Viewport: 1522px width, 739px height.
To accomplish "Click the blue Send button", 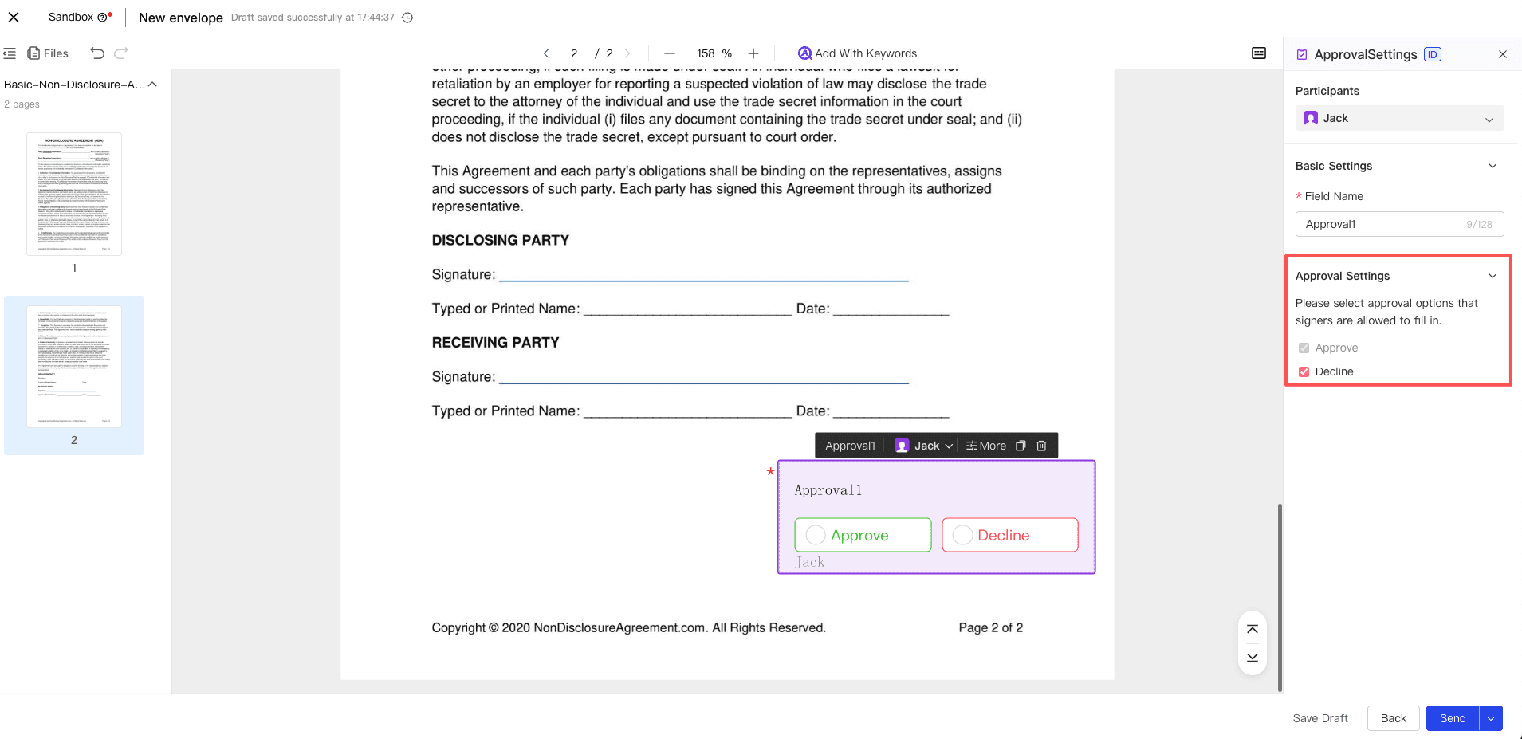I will pos(1452,718).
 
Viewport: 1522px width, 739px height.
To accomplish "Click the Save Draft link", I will pos(1320,718).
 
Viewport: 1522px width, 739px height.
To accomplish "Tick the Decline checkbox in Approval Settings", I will pos(1304,371).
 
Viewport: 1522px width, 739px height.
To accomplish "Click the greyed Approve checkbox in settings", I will pos(1304,348).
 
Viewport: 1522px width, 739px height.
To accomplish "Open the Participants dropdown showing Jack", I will pos(1399,118).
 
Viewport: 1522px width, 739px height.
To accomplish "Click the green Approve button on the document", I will pos(863,535).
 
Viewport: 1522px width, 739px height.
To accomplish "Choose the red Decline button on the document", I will pos(1009,535).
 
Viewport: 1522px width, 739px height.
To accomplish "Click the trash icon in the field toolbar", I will pos(1041,446).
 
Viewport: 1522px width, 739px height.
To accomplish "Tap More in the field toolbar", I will pos(986,446).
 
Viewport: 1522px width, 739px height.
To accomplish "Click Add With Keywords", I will pos(857,53).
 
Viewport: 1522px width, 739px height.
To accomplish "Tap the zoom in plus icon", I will pos(753,53).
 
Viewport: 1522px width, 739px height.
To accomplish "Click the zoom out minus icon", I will pos(670,53).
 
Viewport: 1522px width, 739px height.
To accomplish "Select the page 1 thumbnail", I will pos(74,194).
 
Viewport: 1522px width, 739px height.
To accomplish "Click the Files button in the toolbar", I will pos(48,53).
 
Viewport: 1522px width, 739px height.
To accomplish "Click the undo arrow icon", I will pos(97,53).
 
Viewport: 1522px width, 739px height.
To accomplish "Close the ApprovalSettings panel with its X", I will pos(1503,54).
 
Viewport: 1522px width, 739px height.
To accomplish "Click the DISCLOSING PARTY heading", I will pos(500,240).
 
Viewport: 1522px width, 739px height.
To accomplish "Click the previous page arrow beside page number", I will pos(546,53).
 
